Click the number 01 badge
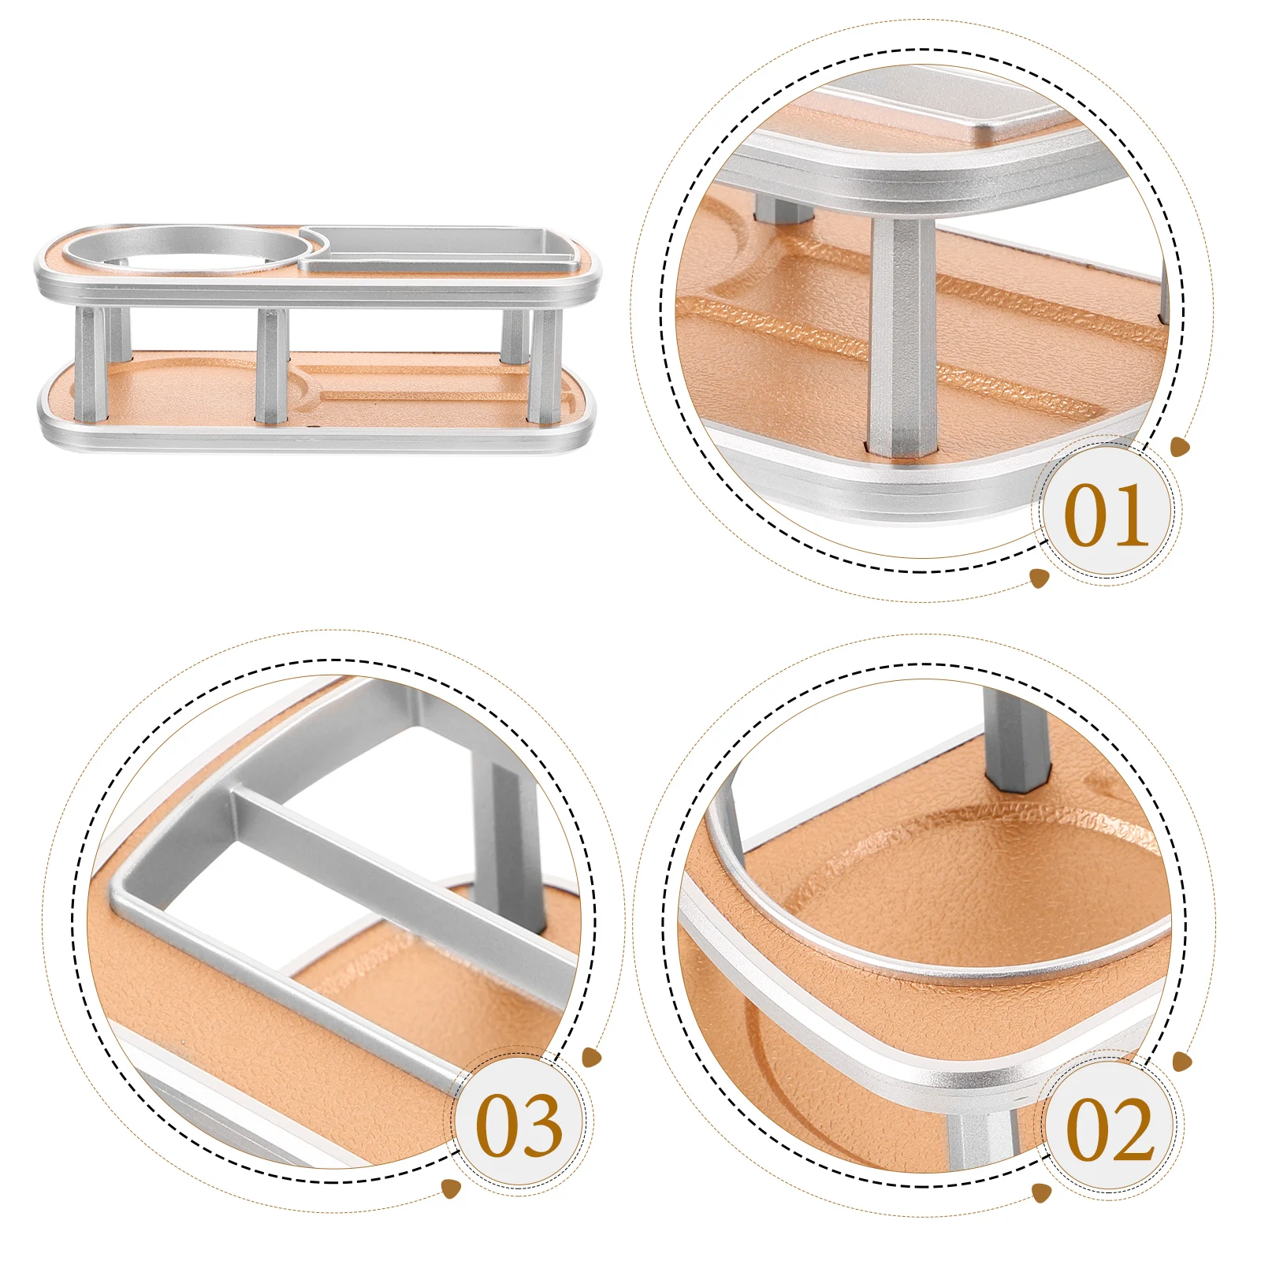pyautogui.click(x=1106, y=515)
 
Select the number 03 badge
pyautogui.click(x=519, y=1125)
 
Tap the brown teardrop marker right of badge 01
pyautogui.click(x=1180, y=448)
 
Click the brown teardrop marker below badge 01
pyautogui.click(x=1040, y=578)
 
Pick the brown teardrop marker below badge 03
pyautogui.click(x=451, y=1188)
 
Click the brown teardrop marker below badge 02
pyautogui.click(x=1041, y=1192)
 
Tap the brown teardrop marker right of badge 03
pyautogui.click(x=591, y=1058)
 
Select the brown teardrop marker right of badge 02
pyautogui.click(x=1181, y=1062)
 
